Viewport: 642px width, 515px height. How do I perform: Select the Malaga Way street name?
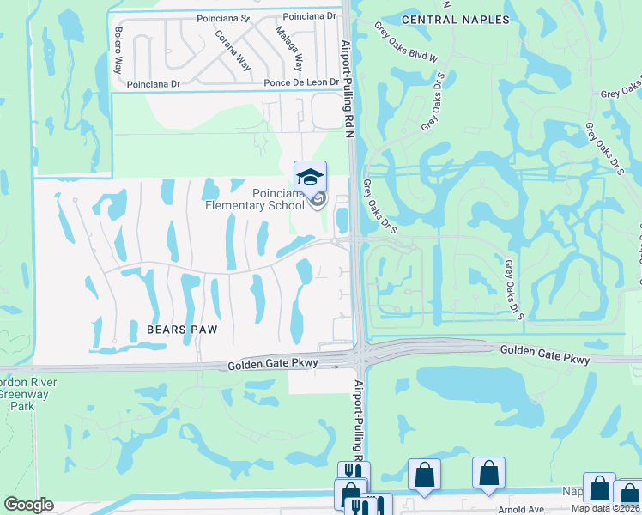289,50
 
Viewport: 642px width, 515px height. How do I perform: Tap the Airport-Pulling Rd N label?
347,86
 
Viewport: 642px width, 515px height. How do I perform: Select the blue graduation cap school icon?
310,177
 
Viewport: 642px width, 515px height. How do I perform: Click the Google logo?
28,505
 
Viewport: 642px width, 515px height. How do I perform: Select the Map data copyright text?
605,508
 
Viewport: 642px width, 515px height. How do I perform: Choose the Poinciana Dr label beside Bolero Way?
154,84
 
